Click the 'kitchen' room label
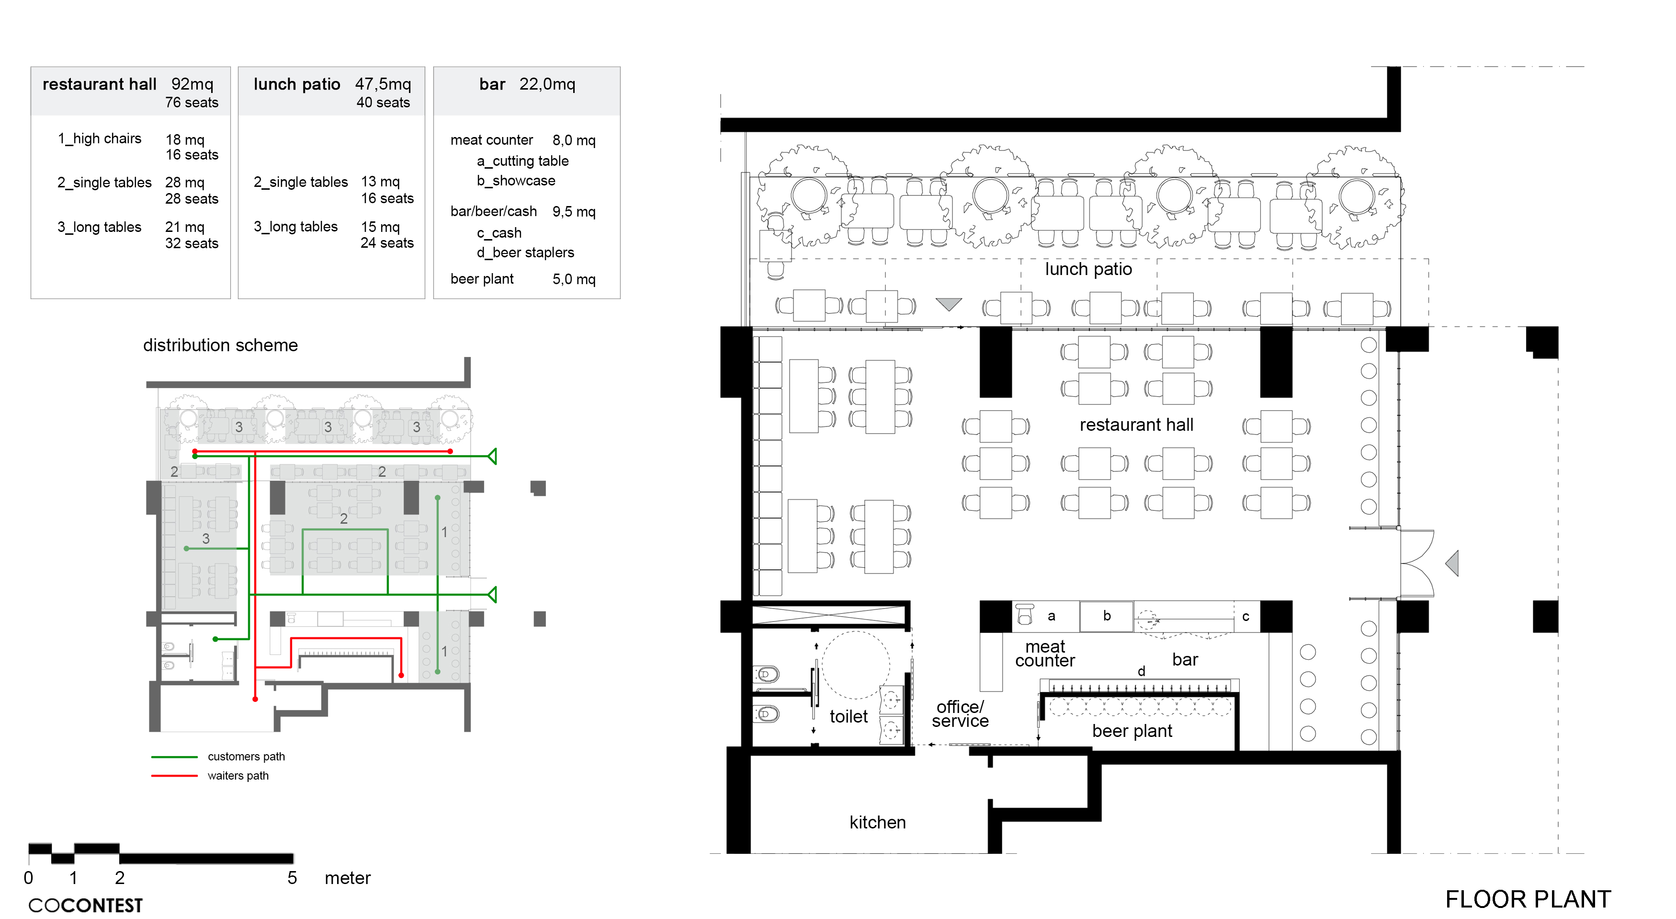point(877,822)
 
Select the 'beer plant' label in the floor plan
point(1132,731)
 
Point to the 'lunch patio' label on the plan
point(1088,269)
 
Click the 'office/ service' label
point(960,713)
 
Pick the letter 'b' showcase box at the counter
point(1107,616)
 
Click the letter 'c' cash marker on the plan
point(1246,616)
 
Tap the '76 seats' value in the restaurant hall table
point(191,102)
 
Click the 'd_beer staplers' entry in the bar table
point(525,252)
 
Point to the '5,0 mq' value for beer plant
point(574,279)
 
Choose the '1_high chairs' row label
point(100,138)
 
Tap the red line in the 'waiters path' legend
point(174,776)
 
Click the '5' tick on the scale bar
point(292,877)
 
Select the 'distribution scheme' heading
point(221,345)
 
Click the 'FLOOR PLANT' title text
point(1528,899)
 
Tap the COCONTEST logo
point(85,905)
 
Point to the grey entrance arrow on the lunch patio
point(949,304)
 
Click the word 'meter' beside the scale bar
point(348,878)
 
